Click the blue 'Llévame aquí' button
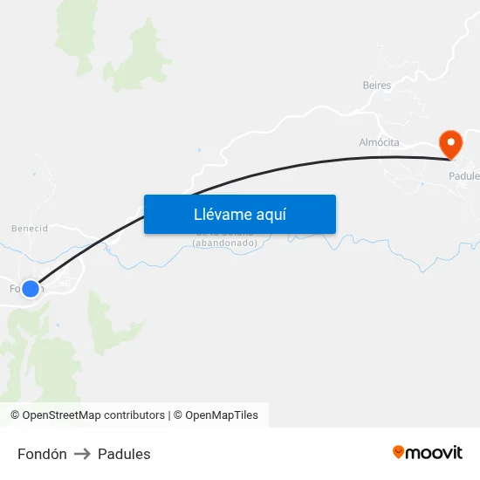coord(239,214)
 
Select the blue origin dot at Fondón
coord(31,288)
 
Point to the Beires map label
coord(376,86)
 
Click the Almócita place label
coord(379,141)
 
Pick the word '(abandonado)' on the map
coord(225,243)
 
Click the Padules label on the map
coord(464,175)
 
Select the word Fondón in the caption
coord(42,454)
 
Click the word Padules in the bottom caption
coord(124,454)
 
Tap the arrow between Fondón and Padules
coord(82,454)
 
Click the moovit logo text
coord(435,452)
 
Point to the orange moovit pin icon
coord(399,452)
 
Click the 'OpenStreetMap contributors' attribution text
coord(93,415)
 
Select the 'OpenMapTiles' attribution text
coord(222,415)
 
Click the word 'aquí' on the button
coord(271,215)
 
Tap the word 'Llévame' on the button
coord(223,215)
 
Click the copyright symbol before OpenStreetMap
coord(15,415)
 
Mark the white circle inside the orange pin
coord(450,140)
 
